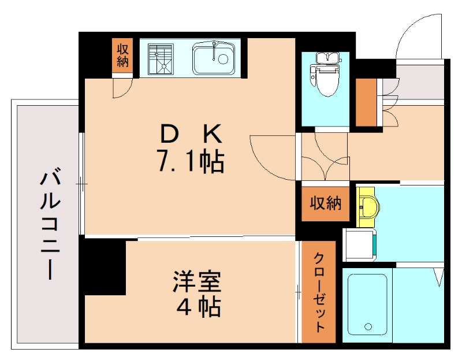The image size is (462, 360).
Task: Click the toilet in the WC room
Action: [x=326, y=78]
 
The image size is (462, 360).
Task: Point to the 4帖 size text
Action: [x=199, y=307]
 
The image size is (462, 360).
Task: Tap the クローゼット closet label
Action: [x=319, y=292]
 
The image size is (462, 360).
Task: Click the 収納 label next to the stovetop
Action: [x=122, y=55]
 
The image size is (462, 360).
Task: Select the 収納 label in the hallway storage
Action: [x=326, y=203]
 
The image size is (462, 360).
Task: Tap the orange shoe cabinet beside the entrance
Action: [x=366, y=102]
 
